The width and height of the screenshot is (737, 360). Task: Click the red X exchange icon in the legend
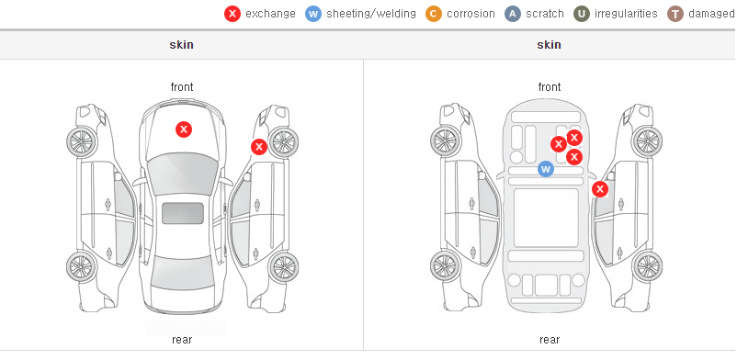tap(232, 14)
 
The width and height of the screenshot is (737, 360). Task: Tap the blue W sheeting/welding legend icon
tap(313, 14)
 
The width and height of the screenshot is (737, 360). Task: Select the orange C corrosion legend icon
tap(434, 14)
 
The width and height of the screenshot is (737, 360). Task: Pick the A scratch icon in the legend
tap(513, 14)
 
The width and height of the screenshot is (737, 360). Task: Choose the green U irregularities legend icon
tap(582, 14)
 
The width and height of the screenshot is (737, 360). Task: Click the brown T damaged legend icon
tap(675, 14)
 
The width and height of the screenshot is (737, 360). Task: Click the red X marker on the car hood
tap(184, 129)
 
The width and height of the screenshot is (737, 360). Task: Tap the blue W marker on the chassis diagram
tap(546, 169)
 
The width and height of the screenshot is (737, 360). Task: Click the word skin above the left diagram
tap(181, 45)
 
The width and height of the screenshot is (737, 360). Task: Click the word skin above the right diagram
tap(549, 45)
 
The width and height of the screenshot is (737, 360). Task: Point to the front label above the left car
tap(182, 87)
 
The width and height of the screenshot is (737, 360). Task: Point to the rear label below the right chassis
tap(550, 340)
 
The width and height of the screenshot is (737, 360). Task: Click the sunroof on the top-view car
tap(183, 213)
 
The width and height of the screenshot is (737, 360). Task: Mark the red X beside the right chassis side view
tap(600, 189)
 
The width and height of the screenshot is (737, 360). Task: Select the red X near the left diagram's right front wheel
tap(259, 147)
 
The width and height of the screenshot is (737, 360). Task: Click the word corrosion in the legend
tap(471, 14)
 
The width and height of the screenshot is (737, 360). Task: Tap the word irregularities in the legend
tap(626, 14)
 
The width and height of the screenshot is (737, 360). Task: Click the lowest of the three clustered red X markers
tap(574, 157)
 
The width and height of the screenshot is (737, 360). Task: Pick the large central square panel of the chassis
tap(546, 218)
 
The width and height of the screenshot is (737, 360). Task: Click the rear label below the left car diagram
tap(182, 340)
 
